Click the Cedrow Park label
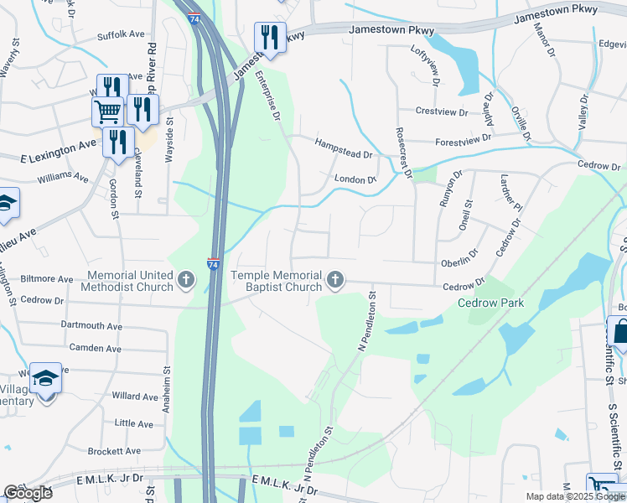[x=490, y=303]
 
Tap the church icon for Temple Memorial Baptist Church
[x=335, y=280]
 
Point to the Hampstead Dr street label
[x=343, y=149]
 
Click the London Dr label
[x=355, y=179]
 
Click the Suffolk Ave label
[x=121, y=34]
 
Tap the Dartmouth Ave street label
[x=91, y=325]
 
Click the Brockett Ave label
[x=115, y=450]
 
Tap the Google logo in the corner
[x=28, y=493]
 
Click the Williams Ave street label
[x=63, y=178]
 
